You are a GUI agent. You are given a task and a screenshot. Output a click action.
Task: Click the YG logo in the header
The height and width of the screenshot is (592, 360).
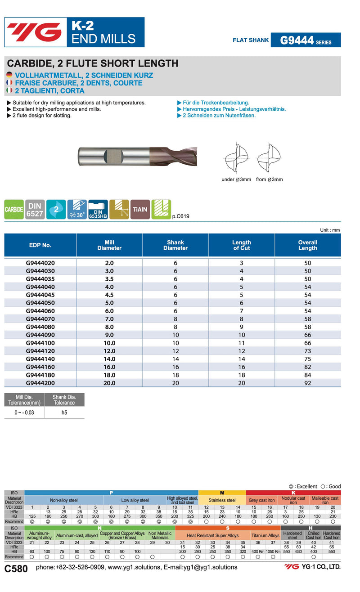[34, 32]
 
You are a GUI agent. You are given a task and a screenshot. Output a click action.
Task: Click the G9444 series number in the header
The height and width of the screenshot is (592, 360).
[297, 40]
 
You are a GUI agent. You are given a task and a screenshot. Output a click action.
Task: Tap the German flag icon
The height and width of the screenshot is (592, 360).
[9, 75]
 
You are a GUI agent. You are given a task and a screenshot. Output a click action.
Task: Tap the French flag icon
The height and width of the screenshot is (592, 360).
[9, 83]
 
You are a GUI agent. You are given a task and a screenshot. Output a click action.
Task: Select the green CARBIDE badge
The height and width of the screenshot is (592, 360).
[14, 210]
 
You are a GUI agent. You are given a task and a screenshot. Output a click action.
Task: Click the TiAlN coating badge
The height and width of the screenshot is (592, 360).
[140, 210]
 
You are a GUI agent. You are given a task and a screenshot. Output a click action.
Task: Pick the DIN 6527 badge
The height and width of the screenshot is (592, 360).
[35, 210]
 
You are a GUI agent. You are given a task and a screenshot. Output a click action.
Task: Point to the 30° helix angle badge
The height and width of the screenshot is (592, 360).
[77, 210]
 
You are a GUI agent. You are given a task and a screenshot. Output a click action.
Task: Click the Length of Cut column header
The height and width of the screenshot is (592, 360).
[242, 245]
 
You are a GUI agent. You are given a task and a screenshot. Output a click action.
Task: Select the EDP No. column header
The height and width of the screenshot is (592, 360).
[40, 245]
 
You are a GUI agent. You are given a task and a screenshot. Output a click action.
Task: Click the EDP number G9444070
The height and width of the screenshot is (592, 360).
[40, 319]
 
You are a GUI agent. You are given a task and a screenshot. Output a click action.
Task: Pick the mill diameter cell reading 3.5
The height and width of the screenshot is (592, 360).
[109, 278]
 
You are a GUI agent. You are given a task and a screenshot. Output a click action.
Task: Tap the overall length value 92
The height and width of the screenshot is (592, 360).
[308, 383]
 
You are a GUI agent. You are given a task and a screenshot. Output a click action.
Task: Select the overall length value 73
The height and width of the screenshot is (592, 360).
[308, 351]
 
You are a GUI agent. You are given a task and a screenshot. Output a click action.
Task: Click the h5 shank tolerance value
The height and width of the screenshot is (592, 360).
[64, 412]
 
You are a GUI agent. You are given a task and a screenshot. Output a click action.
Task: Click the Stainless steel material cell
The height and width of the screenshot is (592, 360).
[222, 500]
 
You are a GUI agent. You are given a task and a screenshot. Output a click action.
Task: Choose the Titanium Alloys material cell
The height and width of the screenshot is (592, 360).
[265, 536]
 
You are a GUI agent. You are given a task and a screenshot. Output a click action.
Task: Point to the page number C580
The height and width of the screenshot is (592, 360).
[16, 569]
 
